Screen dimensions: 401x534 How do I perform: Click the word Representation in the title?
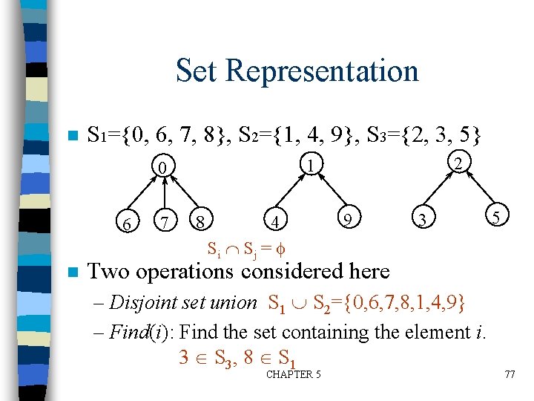pos(322,71)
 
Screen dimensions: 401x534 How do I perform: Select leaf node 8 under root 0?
pos(198,221)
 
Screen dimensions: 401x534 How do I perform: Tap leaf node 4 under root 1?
pos(276,221)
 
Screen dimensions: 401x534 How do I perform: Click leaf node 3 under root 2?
pos(422,220)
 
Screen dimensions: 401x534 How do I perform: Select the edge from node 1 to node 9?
pos(330,191)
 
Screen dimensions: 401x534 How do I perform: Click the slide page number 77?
pos(509,374)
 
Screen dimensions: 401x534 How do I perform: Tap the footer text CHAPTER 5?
pos(293,374)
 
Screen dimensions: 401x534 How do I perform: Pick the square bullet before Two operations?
pos(71,273)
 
